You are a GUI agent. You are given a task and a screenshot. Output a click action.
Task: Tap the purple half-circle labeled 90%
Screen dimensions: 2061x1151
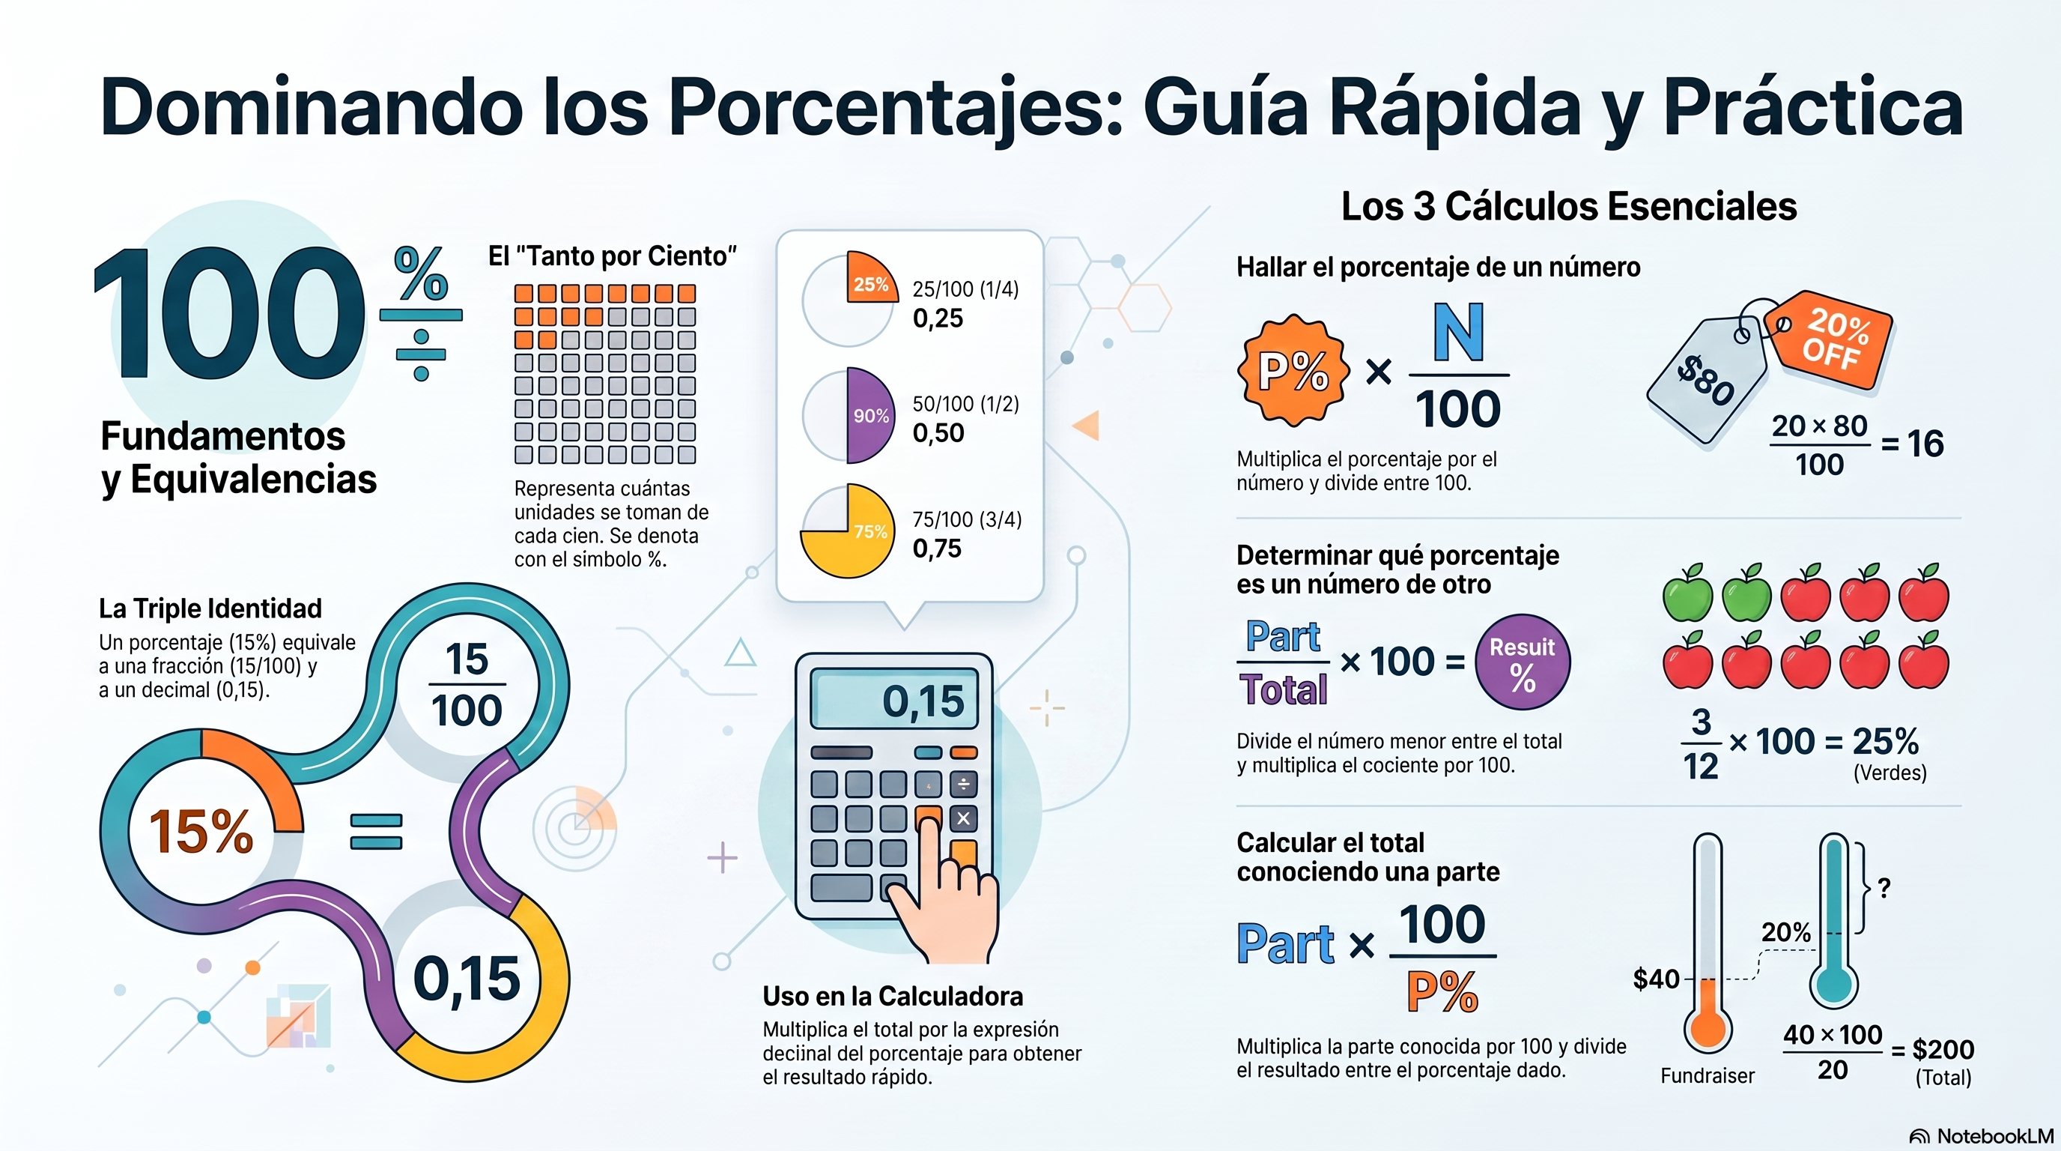coord(869,415)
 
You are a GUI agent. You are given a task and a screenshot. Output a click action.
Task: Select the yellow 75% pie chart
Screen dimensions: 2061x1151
coord(848,531)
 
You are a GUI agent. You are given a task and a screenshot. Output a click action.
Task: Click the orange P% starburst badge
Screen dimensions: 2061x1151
coord(1293,371)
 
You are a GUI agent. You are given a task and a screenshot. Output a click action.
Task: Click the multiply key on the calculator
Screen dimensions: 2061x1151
coord(963,818)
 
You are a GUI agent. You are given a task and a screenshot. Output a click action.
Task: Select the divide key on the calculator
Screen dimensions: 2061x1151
coord(963,785)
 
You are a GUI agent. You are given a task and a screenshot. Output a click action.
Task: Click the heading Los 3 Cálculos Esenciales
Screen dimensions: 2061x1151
coord(1569,207)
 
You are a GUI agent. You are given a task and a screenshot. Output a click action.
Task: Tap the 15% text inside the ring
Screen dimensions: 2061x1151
coord(201,830)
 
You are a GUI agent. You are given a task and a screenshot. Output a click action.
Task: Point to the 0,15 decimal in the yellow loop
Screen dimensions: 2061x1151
coord(467,978)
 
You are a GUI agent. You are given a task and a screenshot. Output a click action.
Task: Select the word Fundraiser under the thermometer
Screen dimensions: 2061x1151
coord(1708,1076)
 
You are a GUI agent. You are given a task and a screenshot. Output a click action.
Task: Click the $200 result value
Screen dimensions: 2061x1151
coord(1943,1048)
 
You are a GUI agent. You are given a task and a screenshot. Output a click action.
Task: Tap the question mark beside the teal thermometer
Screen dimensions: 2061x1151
coord(1884,888)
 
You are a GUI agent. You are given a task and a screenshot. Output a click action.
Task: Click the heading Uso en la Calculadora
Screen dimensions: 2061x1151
coord(893,996)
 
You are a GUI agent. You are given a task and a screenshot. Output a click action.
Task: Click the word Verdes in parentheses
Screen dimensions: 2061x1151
coord(1889,773)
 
